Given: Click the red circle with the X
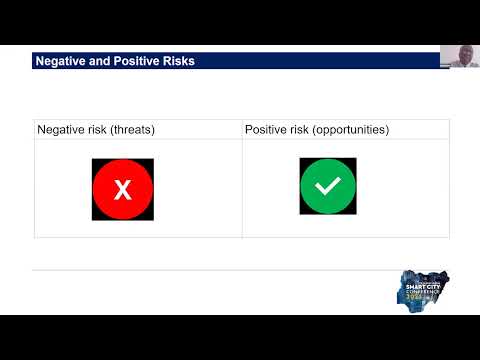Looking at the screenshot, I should pos(123,189).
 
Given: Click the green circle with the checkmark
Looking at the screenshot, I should pos(328,186).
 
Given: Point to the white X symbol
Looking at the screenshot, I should pos(123,189).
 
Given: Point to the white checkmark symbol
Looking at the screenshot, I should pos(328,186).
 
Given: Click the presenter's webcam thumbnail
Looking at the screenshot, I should pos(459,56).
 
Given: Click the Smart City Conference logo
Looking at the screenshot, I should pos(423,291).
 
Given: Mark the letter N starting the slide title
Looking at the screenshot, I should pos(40,62).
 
